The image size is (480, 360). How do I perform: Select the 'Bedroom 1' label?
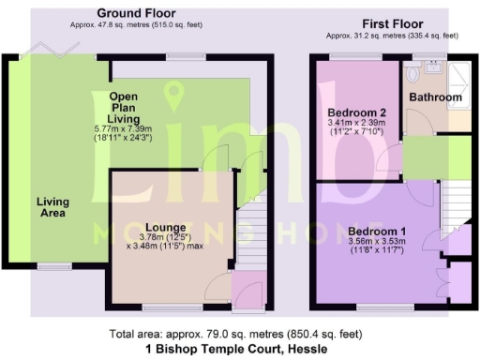coord(377,231)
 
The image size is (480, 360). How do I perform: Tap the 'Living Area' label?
coord(52,207)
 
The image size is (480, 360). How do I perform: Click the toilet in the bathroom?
coord(414,73)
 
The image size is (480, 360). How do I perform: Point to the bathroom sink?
coord(434,67)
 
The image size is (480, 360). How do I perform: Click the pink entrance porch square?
coord(247,289)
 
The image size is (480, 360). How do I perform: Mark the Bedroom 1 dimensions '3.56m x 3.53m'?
coord(378,244)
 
